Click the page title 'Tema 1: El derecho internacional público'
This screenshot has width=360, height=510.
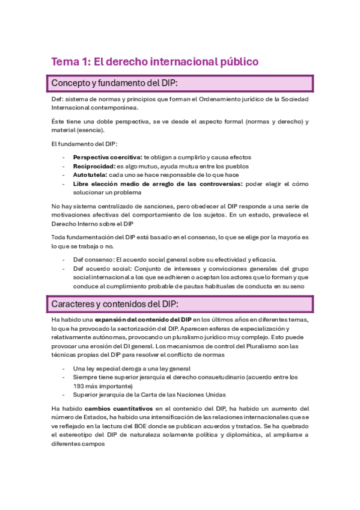[154, 61]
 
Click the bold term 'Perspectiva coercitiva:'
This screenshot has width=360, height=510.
[107, 157]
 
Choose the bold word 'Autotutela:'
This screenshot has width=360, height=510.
[90, 175]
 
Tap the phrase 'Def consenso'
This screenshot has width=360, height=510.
[93, 259]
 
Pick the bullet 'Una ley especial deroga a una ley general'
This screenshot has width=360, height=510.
[132, 368]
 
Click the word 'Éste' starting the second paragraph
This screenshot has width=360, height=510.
[58, 121]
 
